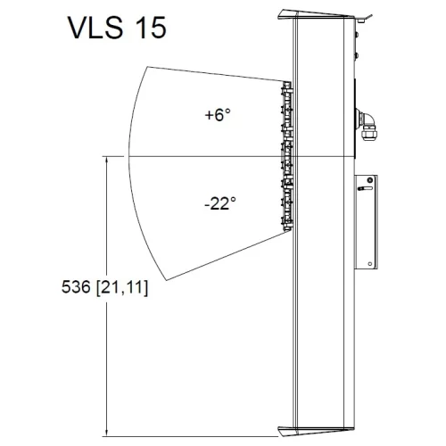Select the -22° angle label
pos(219,203)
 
